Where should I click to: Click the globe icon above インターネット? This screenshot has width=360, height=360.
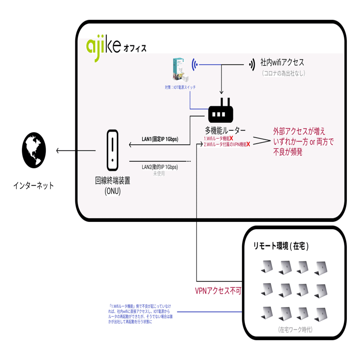34,151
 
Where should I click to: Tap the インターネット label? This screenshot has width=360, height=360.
33,186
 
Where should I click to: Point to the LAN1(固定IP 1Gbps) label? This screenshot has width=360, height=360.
160,139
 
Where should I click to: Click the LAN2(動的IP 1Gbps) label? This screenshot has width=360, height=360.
160,167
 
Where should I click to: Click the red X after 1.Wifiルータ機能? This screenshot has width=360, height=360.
231,138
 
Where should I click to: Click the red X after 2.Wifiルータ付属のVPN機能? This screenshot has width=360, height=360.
248,144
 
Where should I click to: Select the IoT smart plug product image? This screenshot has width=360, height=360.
180,70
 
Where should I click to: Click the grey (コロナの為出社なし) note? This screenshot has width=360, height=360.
283,73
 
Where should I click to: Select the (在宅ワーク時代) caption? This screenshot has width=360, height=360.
295,329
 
